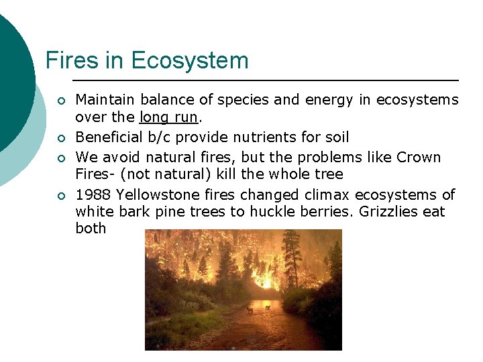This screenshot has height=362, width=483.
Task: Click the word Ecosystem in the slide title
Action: pyautogui.click(x=190, y=61)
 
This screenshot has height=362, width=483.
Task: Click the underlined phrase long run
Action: pyautogui.click(x=168, y=117)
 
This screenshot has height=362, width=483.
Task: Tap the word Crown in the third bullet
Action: pyautogui.click(x=419, y=158)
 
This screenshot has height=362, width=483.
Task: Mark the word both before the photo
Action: pyautogui.click(x=91, y=229)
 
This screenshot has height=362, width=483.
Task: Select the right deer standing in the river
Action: pyautogui.click(x=267, y=307)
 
